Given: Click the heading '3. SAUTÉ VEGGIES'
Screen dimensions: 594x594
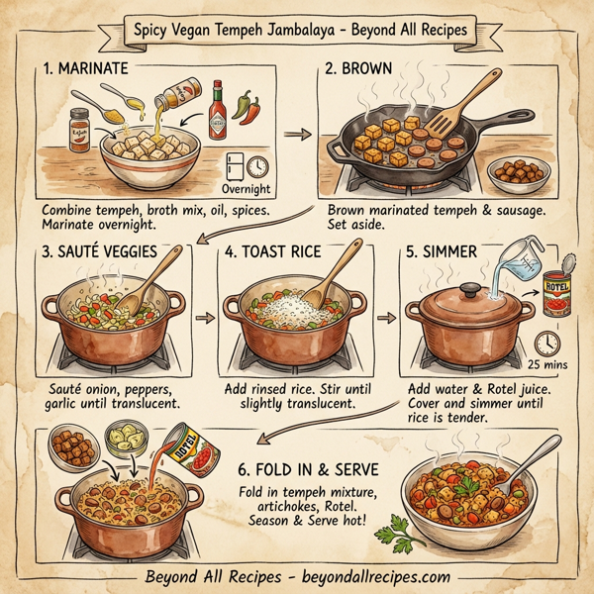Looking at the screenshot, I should point(101,252).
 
